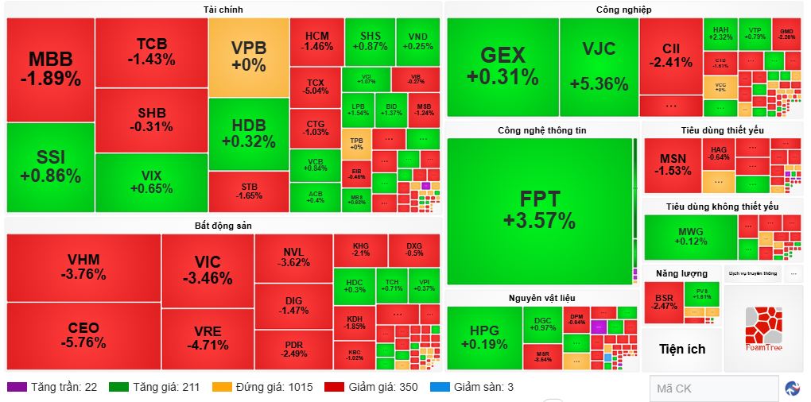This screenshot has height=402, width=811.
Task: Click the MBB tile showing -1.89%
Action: [x=50, y=69]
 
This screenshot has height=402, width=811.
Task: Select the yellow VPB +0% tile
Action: [x=249, y=57]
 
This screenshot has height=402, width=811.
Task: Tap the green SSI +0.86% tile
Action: [x=50, y=167]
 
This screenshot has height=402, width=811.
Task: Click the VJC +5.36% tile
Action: [x=599, y=67]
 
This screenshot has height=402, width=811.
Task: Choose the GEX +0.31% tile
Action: [x=503, y=67]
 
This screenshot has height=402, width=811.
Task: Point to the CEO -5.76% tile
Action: [x=83, y=335]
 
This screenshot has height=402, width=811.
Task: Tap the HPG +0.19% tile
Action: [x=483, y=337]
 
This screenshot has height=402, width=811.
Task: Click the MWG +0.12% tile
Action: [x=689, y=236]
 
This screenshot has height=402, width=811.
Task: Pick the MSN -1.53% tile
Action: [x=673, y=164]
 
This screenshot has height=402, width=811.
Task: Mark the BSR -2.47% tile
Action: [x=664, y=302]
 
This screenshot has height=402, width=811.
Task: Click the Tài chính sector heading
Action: [x=223, y=10]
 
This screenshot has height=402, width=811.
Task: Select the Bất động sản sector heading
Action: [x=223, y=226]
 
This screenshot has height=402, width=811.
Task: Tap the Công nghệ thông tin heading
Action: [x=541, y=129]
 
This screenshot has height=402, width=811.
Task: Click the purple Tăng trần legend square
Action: [x=15, y=387]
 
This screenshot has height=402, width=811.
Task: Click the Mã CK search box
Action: [x=713, y=388]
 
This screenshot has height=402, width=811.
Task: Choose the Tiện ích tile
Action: [x=682, y=349]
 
